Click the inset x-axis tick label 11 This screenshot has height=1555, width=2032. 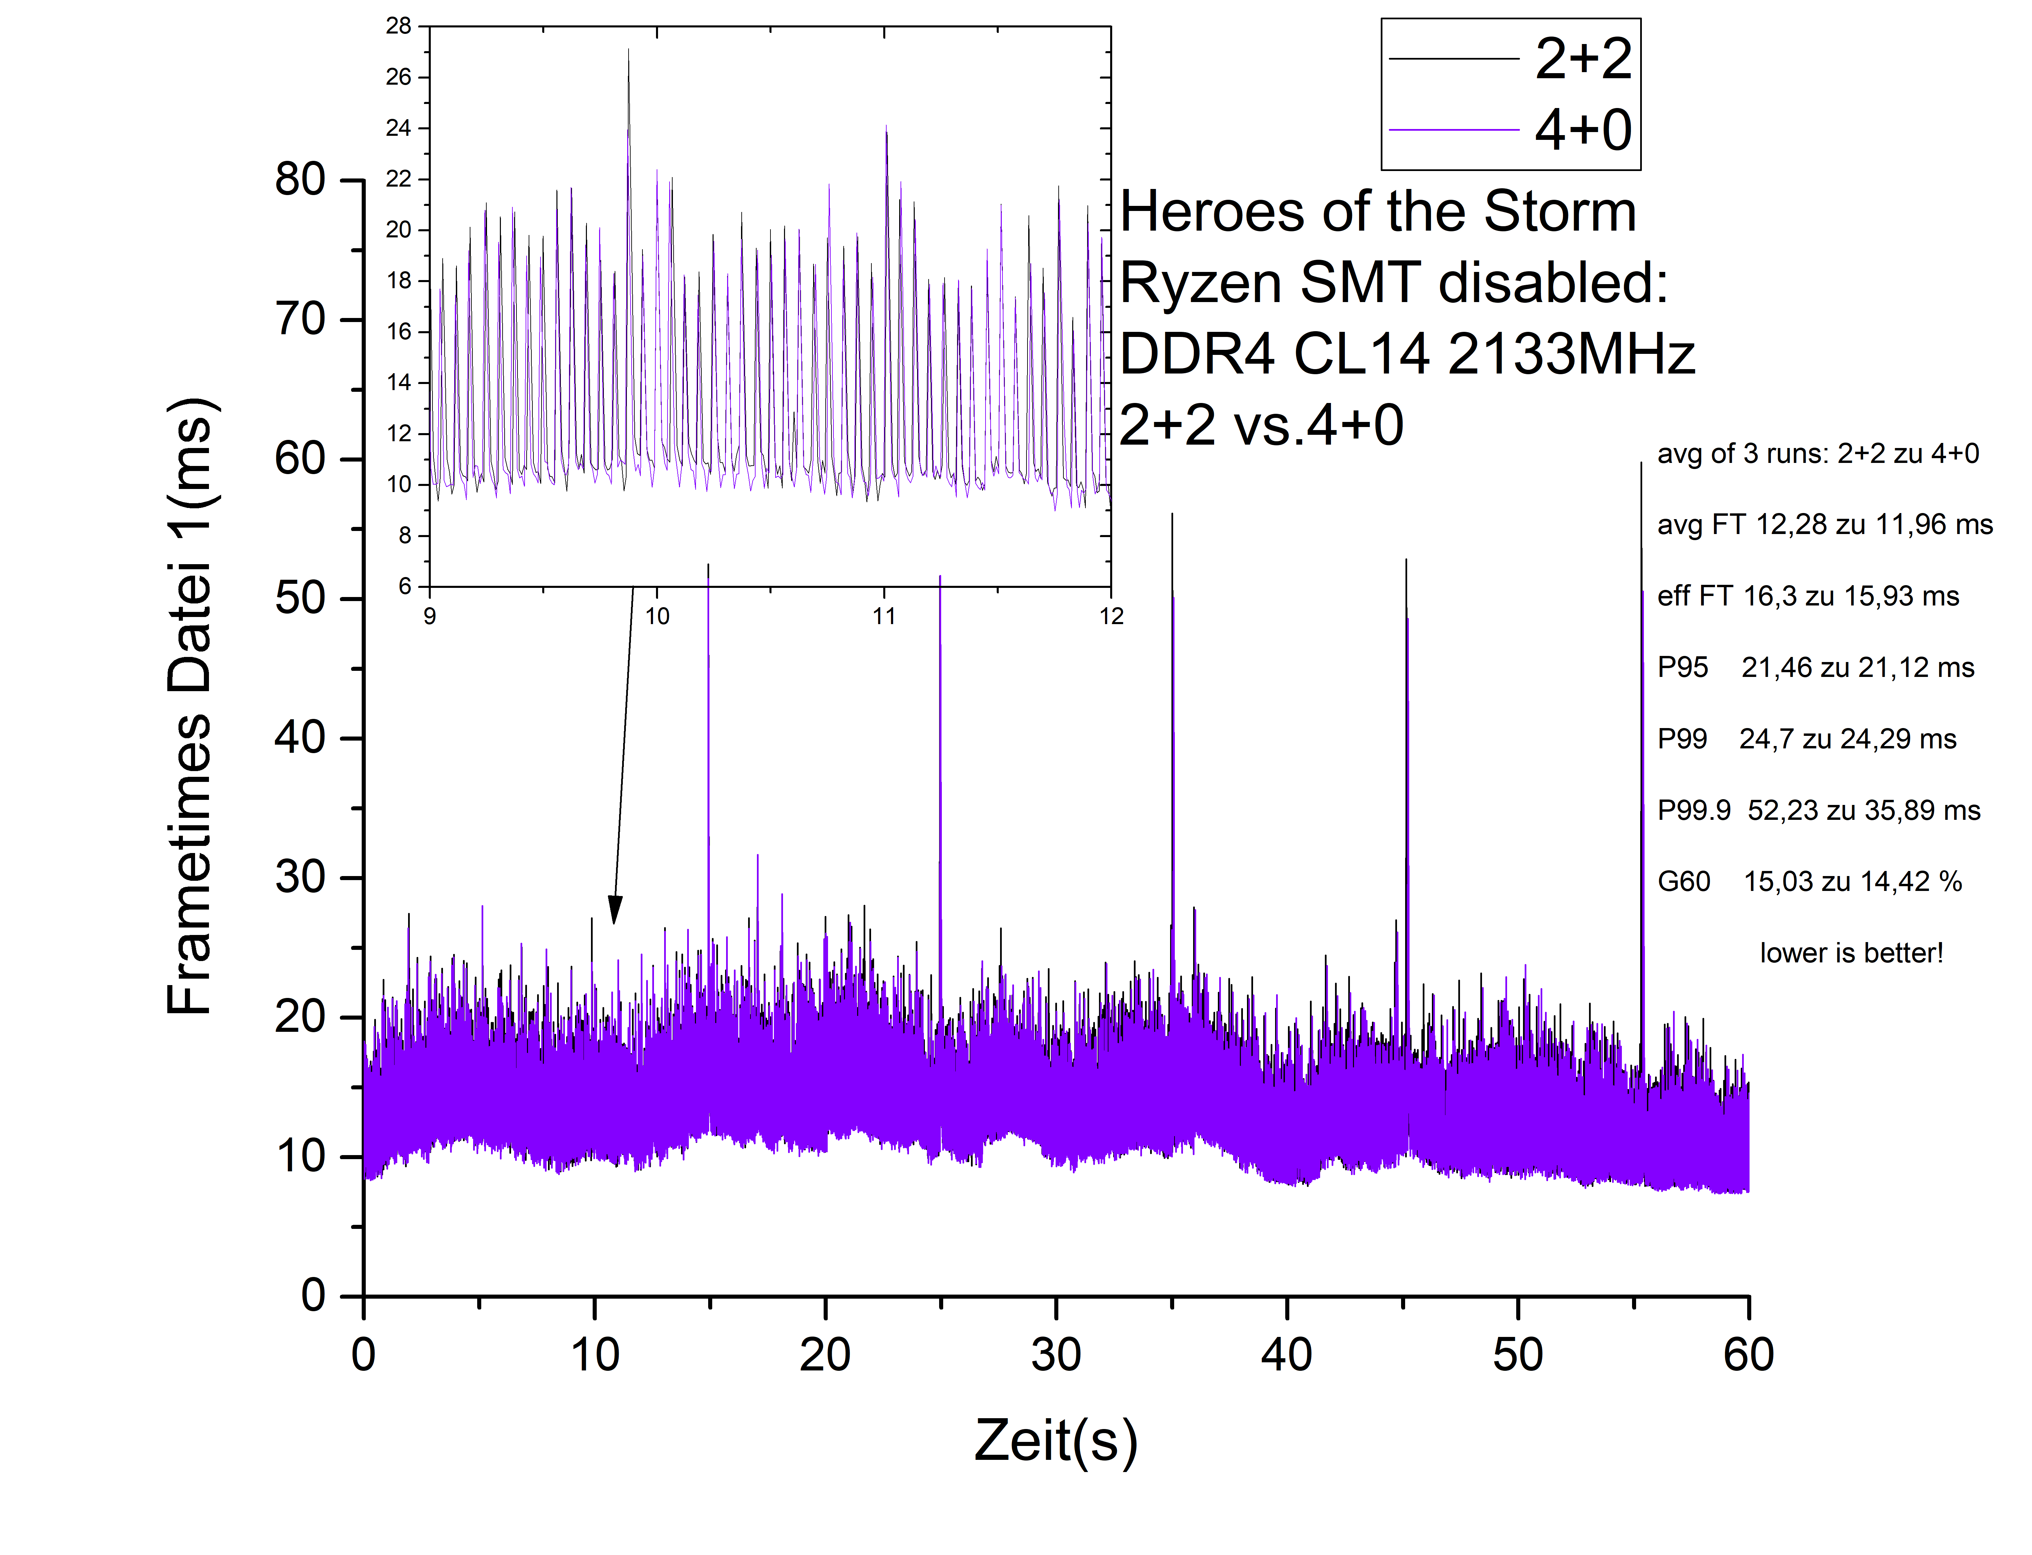click(884, 616)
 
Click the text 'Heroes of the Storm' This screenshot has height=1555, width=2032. click(1377, 212)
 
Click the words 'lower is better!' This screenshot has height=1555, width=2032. click(1850, 953)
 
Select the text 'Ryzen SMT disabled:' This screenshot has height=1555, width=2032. click(1393, 282)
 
